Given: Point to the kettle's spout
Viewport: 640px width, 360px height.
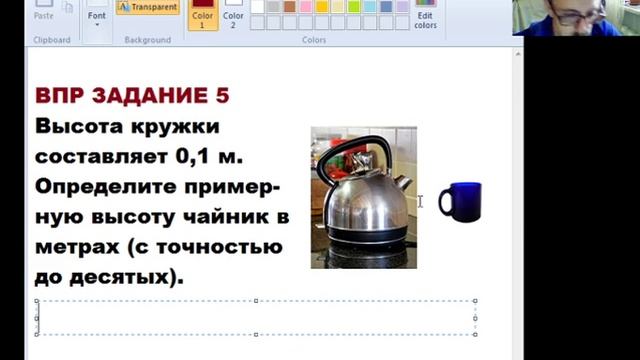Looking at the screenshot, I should click(x=402, y=183).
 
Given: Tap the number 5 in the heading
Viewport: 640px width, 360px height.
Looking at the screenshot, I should click(x=222, y=96).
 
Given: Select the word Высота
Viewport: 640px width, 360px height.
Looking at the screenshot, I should click(x=77, y=127).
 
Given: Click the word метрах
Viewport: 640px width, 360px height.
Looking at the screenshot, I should click(x=76, y=247).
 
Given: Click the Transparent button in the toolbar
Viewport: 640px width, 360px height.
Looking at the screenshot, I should click(x=148, y=7).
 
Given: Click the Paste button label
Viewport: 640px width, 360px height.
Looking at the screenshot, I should click(x=44, y=16).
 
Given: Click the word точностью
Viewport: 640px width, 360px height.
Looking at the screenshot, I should click(x=222, y=247).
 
